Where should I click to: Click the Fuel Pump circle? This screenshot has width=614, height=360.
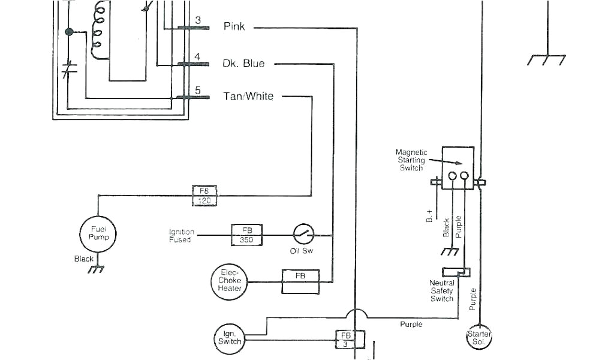point(98,233)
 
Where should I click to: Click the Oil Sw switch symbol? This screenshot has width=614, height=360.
point(303,233)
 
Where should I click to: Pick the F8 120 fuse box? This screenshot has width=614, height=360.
point(204,196)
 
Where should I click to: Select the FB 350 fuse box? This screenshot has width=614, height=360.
point(247,235)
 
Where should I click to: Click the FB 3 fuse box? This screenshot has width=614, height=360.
point(346,339)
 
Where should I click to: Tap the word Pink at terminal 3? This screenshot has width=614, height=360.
point(234,26)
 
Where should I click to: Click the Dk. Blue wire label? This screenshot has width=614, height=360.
point(243,64)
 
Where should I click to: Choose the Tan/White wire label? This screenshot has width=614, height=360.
point(248,96)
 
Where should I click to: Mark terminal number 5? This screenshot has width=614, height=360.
point(197,91)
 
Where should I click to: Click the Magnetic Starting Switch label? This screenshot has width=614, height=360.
point(412,160)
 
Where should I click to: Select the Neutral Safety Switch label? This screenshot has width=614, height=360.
point(442,290)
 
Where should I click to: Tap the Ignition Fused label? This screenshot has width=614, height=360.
point(180,236)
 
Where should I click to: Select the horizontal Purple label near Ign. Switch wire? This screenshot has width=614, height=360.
point(411,324)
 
